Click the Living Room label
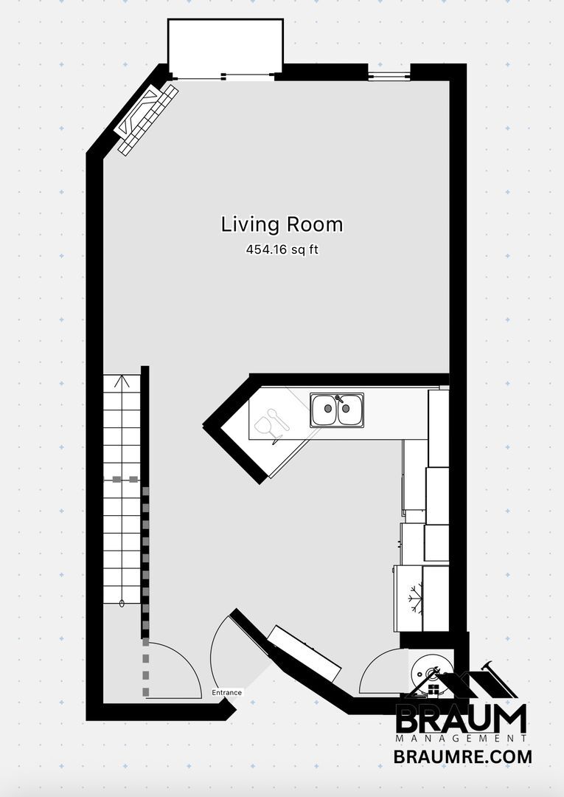[x=282, y=224]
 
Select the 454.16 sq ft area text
[x=282, y=250]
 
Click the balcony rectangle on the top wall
[x=225, y=46]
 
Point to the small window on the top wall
[x=389, y=75]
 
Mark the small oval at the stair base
[x=122, y=603]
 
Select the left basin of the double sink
[x=324, y=411]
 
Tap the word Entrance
[x=226, y=693]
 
